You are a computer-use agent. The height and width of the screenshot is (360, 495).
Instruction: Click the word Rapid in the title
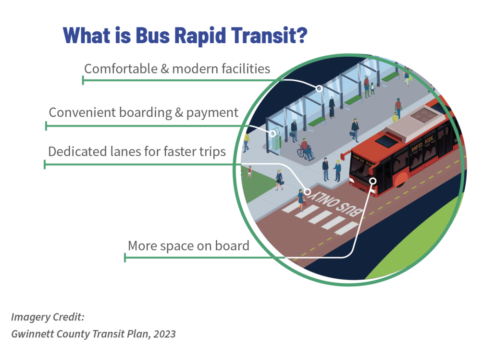click(200, 36)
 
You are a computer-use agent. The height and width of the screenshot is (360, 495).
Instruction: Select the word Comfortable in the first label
click(121, 69)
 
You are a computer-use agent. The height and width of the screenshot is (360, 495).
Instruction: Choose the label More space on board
click(188, 246)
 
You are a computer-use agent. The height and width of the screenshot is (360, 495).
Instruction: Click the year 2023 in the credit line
click(164, 334)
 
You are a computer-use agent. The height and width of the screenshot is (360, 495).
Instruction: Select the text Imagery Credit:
click(48, 317)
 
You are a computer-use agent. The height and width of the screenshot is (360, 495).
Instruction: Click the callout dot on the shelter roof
click(319, 88)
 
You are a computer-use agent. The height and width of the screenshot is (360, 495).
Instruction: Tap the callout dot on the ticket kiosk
click(272, 134)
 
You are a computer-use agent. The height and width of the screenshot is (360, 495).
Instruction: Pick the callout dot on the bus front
click(373, 181)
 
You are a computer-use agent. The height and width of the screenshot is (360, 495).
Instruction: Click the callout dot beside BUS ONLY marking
click(307, 192)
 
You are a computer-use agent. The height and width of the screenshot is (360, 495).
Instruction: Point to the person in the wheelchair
click(305, 149)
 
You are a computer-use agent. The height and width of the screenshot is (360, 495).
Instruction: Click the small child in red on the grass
click(249, 172)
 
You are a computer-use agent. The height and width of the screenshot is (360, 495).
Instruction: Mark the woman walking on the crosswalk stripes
click(301, 199)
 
